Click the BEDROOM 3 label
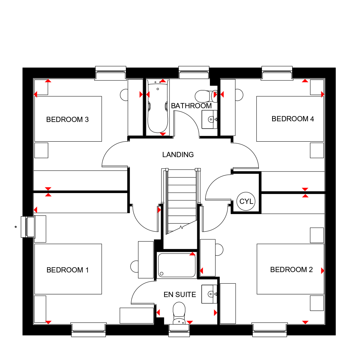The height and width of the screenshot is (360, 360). tap(67, 120)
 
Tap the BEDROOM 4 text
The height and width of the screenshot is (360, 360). tap(293, 119)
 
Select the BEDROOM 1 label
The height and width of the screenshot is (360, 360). tap(67, 270)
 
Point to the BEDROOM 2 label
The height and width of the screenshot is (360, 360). tap(291, 269)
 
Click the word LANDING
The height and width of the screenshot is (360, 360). tap(178, 155)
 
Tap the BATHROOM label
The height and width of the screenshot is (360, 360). tap(191, 105)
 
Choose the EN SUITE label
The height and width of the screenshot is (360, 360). tap(180, 294)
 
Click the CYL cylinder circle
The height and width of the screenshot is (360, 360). tap(246, 201)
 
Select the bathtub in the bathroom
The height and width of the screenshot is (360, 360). tap(158, 106)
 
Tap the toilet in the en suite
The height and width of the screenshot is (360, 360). tap(179, 313)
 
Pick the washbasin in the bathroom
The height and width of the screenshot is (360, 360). tap(210, 120)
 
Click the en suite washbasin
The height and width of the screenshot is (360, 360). tap(209, 294)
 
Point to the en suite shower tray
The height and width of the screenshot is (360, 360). tap(176, 265)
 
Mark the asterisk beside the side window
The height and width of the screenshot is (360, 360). tap(15, 227)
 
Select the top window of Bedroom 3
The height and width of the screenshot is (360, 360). tap(111, 73)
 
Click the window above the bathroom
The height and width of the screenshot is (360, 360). tap(194, 72)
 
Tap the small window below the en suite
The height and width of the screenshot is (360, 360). tap(179, 330)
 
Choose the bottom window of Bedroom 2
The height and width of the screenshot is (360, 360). tap(270, 330)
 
